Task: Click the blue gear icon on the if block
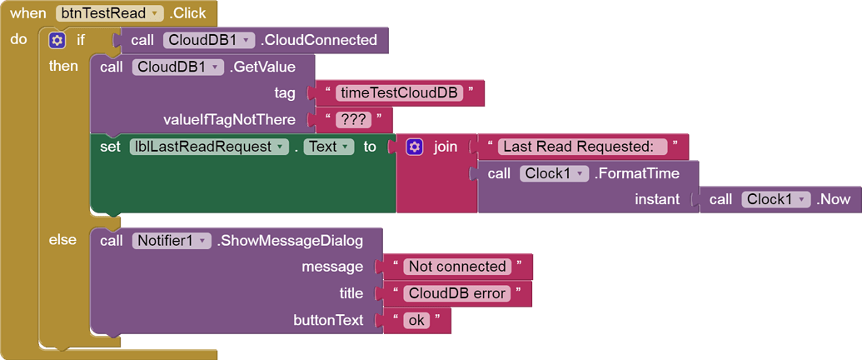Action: point(57,40)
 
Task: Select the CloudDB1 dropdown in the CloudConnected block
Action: point(207,40)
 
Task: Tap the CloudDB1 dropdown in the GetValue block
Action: point(177,67)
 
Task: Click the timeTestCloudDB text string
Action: point(400,93)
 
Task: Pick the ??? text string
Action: point(353,120)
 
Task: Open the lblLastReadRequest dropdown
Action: point(209,147)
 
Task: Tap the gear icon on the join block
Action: point(414,147)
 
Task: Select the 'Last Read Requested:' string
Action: point(582,147)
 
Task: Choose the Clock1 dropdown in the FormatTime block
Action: point(556,173)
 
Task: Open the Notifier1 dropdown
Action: point(172,241)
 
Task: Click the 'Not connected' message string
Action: point(458,267)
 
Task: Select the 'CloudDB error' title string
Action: point(456,293)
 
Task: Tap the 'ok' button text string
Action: point(414,320)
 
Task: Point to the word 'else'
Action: point(63,240)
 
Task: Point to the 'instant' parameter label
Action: point(657,200)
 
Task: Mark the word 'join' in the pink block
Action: point(446,147)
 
